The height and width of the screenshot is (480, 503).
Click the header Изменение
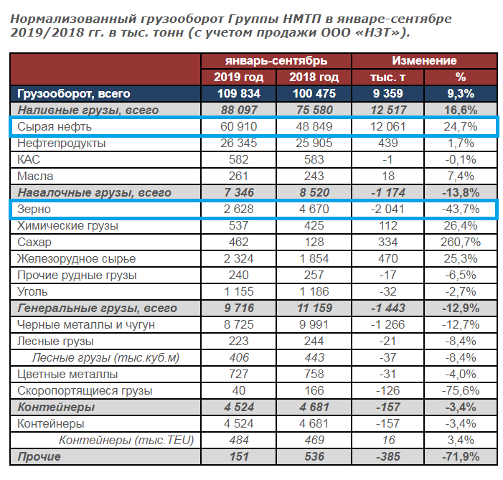click(x=423, y=61)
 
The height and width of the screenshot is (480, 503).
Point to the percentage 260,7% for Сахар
click(x=461, y=243)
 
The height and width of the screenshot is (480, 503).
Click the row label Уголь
click(x=32, y=292)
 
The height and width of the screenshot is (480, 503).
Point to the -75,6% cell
click(x=461, y=391)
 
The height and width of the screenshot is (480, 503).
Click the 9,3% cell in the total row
click(x=461, y=94)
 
